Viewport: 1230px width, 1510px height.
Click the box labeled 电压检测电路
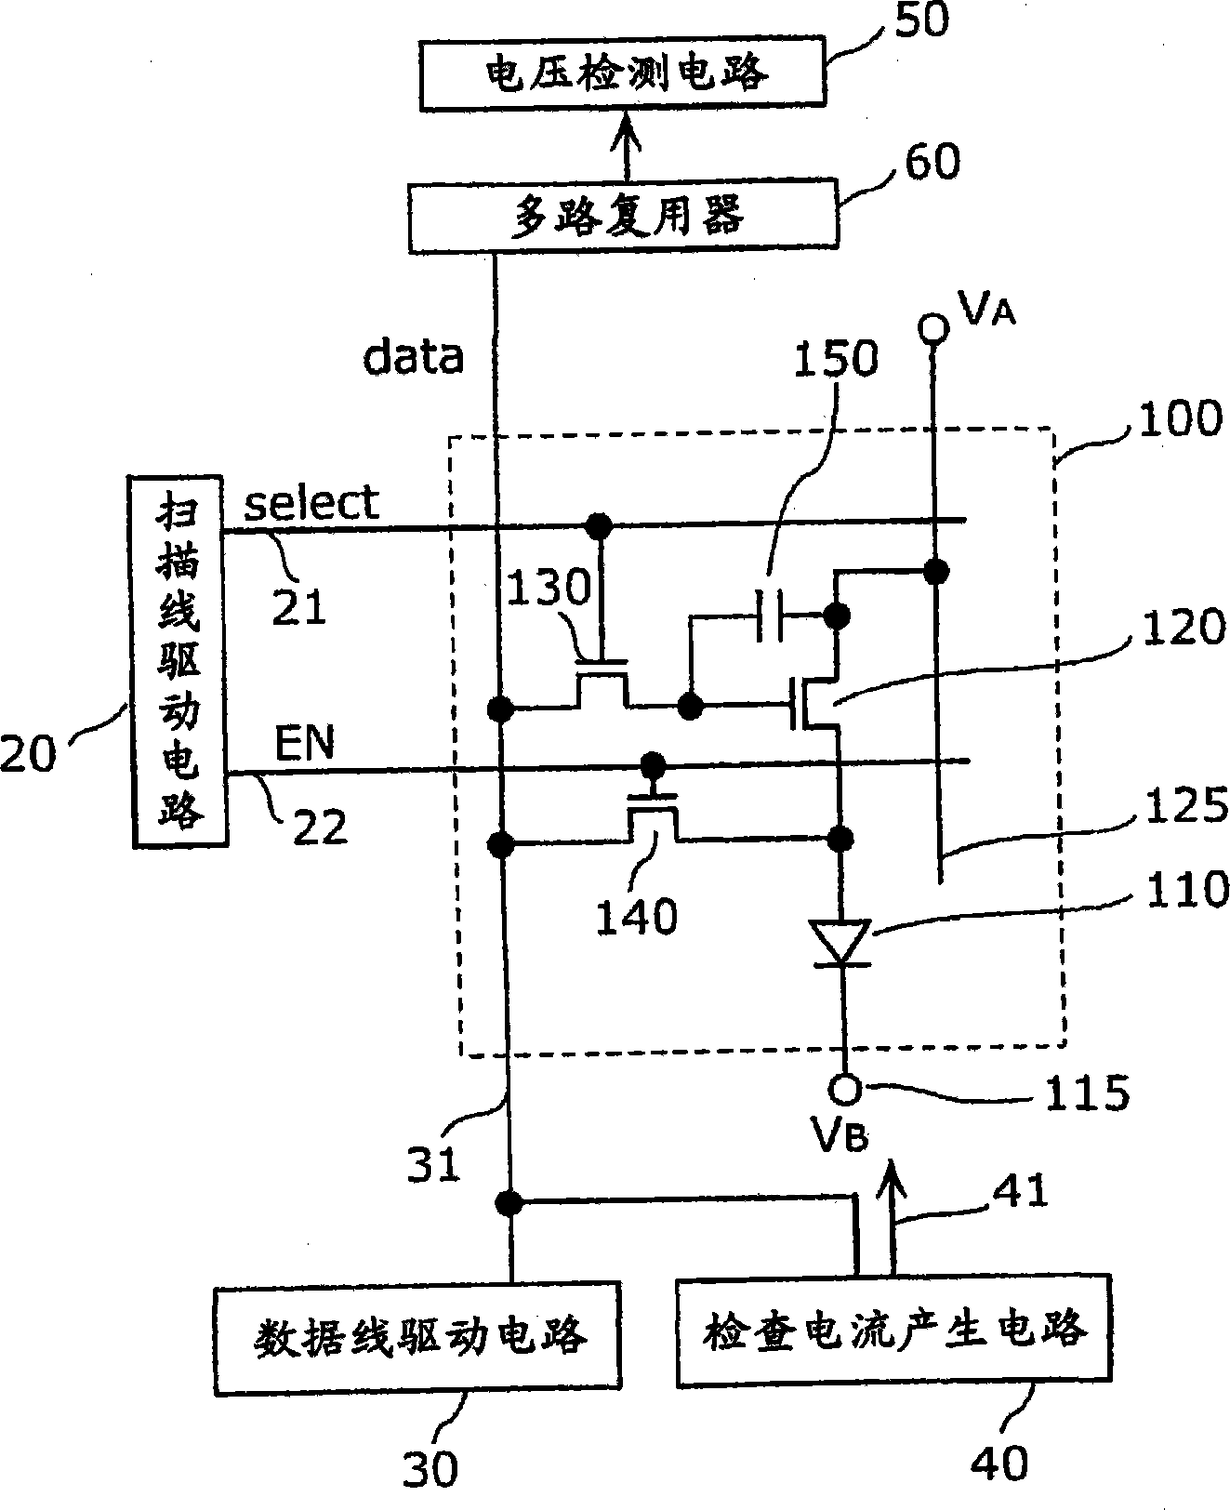[623, 73]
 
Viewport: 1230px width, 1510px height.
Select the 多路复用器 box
[623, 214]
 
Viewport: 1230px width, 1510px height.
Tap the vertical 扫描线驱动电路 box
[180, 662]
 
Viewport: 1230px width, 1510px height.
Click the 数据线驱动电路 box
[418, 1337]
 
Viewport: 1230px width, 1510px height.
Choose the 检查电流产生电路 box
[893, 1330]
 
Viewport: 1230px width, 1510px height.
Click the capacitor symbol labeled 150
[769, 616]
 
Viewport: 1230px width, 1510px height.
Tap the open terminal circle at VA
[932, 326]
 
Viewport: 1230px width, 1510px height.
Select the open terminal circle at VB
[845, 1090]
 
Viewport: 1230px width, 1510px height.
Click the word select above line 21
[311, 503]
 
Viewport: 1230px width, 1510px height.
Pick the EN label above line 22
[305, 743]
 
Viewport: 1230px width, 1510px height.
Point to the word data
[414, 357]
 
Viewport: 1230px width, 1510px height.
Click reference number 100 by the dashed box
[1179, 420]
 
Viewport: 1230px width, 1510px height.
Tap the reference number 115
[1088, 1094]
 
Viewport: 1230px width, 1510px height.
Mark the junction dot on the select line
[598, 523]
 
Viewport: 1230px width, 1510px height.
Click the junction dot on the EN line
[652, 765]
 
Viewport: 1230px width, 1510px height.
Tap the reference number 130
[550, 588]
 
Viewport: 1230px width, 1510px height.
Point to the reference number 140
[636, 917]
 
